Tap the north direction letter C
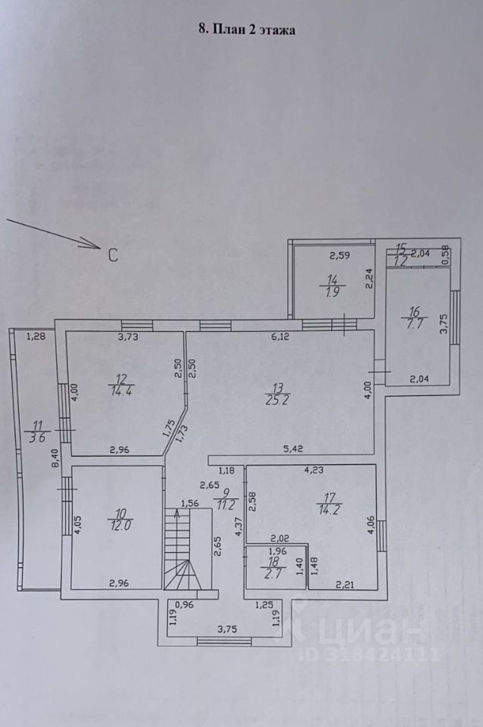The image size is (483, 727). [x=112, y=255]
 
